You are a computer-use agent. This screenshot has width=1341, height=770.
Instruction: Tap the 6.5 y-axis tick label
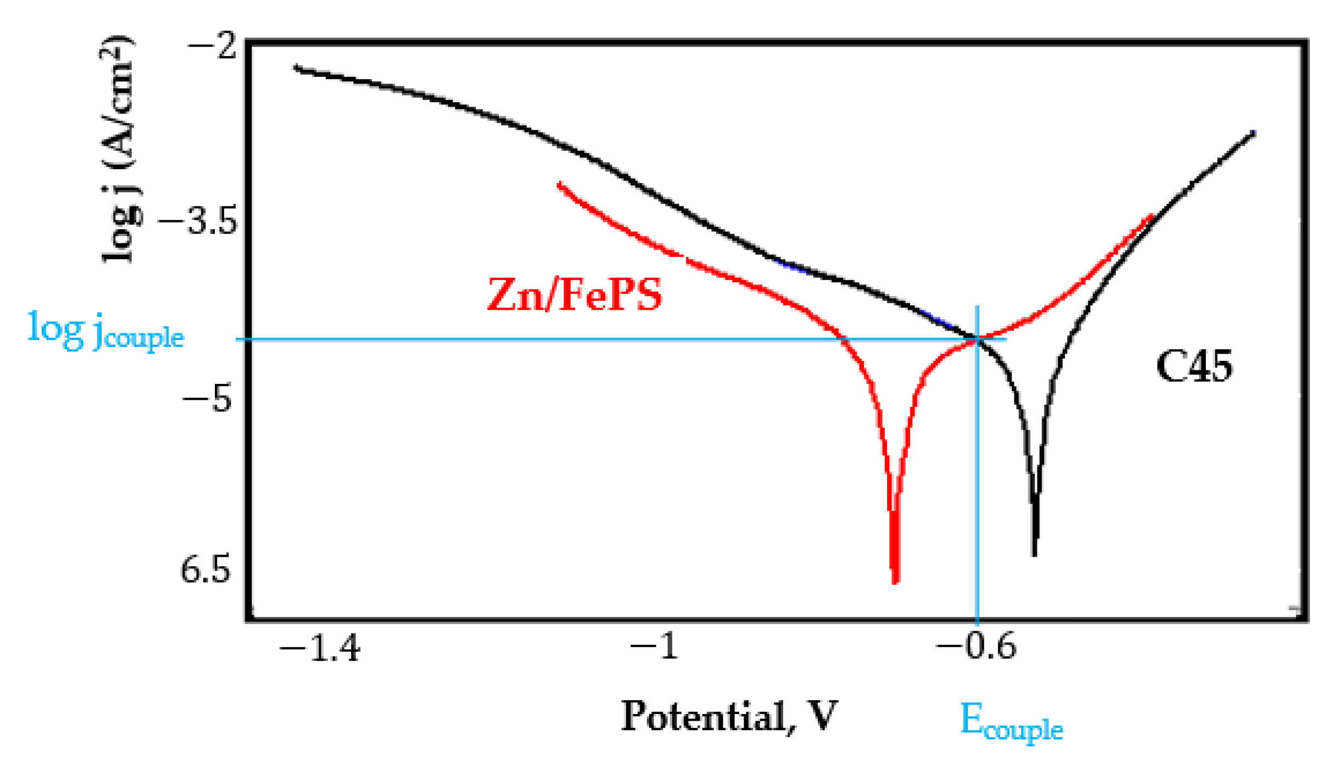tap(205, 570)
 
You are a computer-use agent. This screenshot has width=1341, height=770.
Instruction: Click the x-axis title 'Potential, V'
tap(729, 716)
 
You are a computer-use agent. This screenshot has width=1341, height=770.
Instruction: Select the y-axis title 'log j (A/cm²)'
tap(118, 149)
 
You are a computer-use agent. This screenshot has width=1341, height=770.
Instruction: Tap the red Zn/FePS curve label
tap(575, 295)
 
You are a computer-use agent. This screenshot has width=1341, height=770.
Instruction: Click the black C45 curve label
tap(1194, 366)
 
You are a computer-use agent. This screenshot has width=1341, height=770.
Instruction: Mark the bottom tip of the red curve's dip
tap(895, 582)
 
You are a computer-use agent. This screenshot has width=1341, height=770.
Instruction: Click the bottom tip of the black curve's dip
tap(1034, 555)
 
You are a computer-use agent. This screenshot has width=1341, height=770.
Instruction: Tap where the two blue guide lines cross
tap(977, 340)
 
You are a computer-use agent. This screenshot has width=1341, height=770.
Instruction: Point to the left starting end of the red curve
tap(559, 185)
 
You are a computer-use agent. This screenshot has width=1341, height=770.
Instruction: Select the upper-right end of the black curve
tap(1254, 133)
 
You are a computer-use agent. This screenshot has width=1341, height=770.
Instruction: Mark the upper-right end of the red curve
tap(1151, 216)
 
